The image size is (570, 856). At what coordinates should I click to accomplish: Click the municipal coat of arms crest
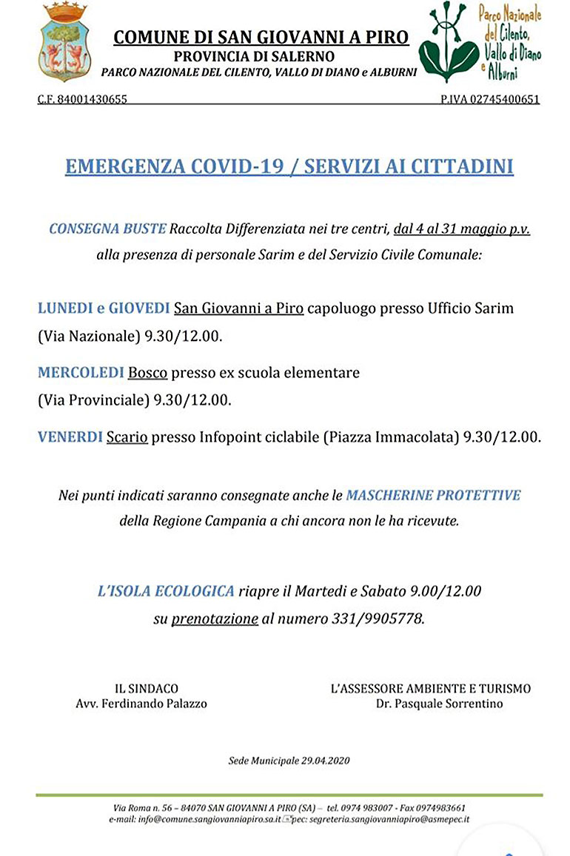(66, 43)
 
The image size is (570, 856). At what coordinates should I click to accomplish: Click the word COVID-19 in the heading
(233, 166)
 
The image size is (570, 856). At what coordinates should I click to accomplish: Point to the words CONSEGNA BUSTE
(107, 229)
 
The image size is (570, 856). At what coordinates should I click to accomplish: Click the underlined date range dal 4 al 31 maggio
(462, 229)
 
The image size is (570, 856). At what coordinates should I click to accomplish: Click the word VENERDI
(70, 437)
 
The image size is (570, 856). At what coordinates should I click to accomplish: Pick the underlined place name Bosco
(148, 373)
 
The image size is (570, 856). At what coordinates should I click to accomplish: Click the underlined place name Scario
(127, 437)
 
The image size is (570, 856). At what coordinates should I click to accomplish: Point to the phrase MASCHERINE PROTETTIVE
(433, 494)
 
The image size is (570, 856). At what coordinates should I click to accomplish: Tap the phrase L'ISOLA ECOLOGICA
(166, 591)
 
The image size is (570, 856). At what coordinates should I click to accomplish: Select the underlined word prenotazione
(215, 619)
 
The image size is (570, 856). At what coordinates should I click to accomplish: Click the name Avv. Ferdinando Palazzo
(141, 704)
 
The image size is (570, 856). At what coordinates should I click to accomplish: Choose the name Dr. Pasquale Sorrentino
(439, 704)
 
